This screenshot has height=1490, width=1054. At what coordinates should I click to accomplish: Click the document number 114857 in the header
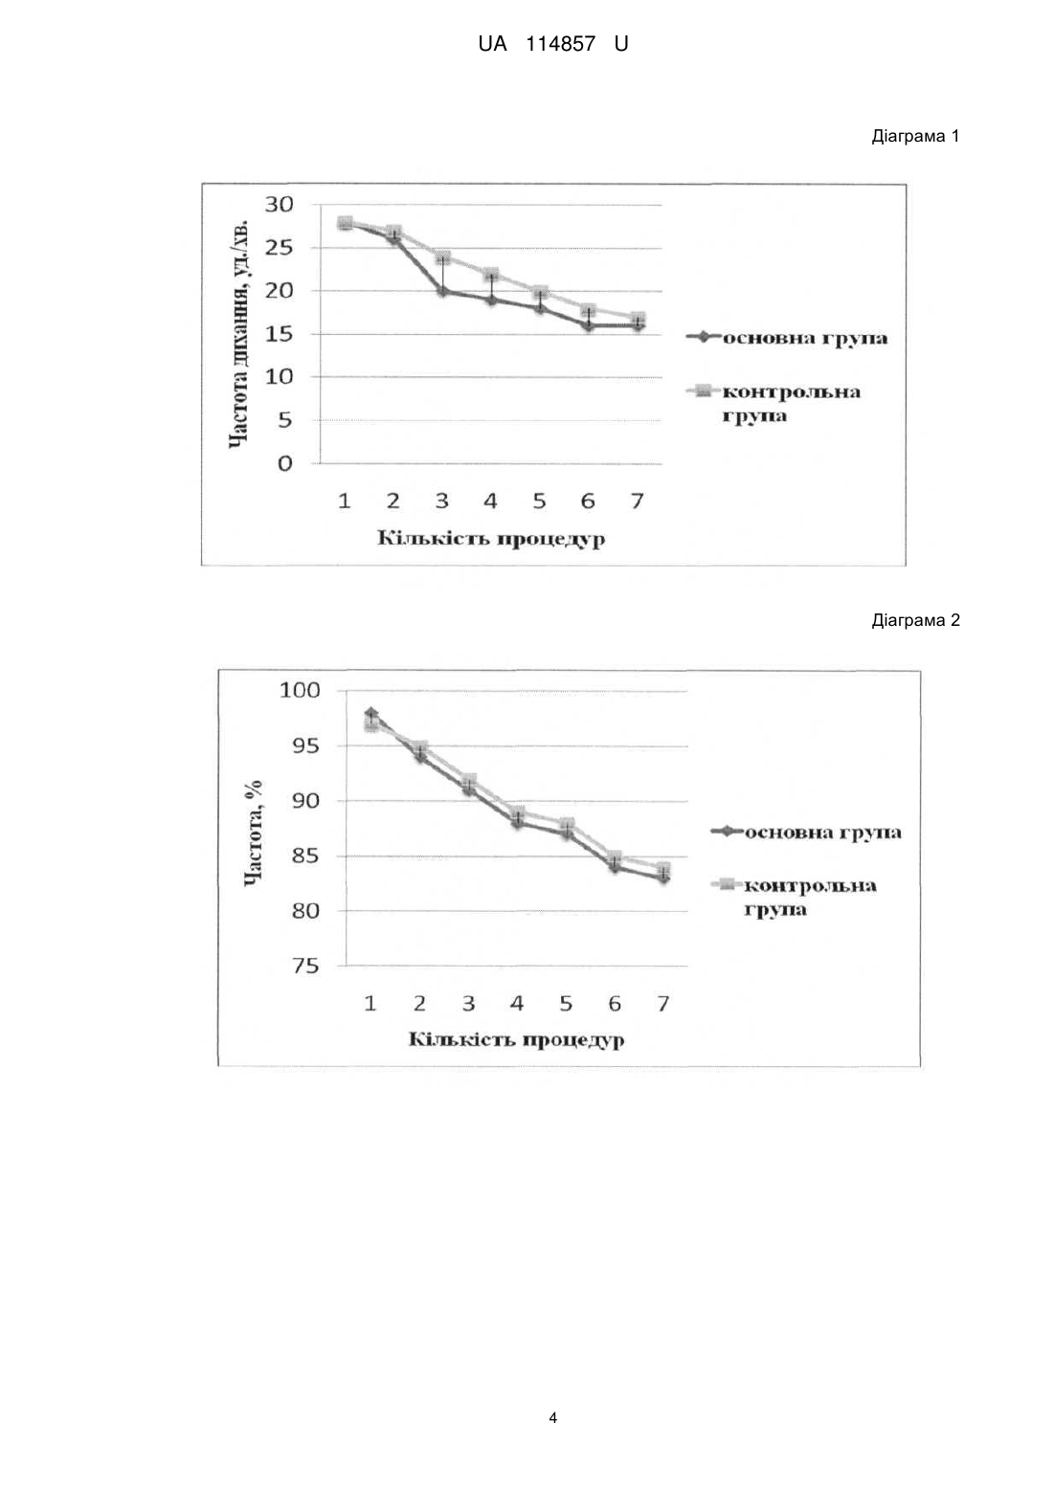click(x=560, y=45)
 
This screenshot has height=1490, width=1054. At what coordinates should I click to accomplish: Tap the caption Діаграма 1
click(x=915, y=136)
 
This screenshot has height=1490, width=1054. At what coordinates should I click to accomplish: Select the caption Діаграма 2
click(x=915, y=621)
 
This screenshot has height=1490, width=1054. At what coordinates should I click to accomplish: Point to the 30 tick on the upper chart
click(x=279, y=205)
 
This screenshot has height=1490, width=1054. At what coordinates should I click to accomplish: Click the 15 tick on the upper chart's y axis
click(x=279, y=334)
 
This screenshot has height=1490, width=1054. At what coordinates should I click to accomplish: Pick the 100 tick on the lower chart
click(x=300, y=691)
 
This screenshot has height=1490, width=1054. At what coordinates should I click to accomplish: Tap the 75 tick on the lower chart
click(x=306, y=966)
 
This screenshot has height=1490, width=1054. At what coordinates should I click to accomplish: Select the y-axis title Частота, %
click(x=254, y=833)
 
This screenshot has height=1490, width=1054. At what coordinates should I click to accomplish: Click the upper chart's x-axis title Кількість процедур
click(x=491, y=539)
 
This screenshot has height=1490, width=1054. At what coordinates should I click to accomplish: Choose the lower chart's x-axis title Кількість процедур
click(x=516, y=1039)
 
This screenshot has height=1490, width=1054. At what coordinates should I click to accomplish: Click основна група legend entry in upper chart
click(x=787, y=338)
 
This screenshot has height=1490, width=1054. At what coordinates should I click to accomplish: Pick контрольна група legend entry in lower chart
click(x=795, y=897)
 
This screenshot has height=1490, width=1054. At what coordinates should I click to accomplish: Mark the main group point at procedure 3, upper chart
click(x=442, y=291)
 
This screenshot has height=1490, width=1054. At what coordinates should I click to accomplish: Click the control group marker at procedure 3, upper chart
click(x=442, y=256)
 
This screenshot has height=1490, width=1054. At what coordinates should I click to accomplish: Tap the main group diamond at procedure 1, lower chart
click(x=371, y=713)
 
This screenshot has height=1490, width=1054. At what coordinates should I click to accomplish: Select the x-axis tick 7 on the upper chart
click(x=637, y=500)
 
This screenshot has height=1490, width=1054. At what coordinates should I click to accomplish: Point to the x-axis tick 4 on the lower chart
click(x=517, y=1003)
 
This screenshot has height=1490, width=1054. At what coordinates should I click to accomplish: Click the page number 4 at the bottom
click(x=553, y=1417)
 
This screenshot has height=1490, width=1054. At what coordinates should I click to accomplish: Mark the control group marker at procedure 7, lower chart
click(x=663, y=869)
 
